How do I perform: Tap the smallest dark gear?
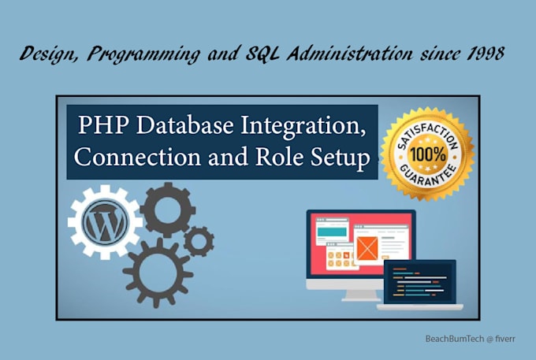(199, 239)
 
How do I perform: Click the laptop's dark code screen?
(419, 280)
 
